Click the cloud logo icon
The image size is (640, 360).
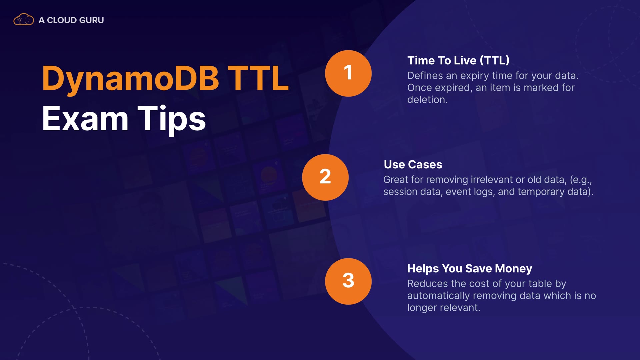(x=23, y=20)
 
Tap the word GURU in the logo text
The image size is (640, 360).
(x=92, y=20)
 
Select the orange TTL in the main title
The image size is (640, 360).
(x=258, y=78)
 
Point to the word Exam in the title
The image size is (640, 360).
(x=85, y=119)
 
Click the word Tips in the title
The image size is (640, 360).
(x=172, y=120)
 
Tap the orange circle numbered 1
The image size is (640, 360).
(x=348, y=73)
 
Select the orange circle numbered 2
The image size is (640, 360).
(x=325, y=177)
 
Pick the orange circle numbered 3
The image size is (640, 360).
(x=348, y=281)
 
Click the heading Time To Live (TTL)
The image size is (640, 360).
(x=458, y=61)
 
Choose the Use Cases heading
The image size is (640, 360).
(x=413, y=165)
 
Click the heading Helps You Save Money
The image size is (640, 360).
(x=470, y=269)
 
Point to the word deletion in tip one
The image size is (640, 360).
(x=427, y=100)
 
